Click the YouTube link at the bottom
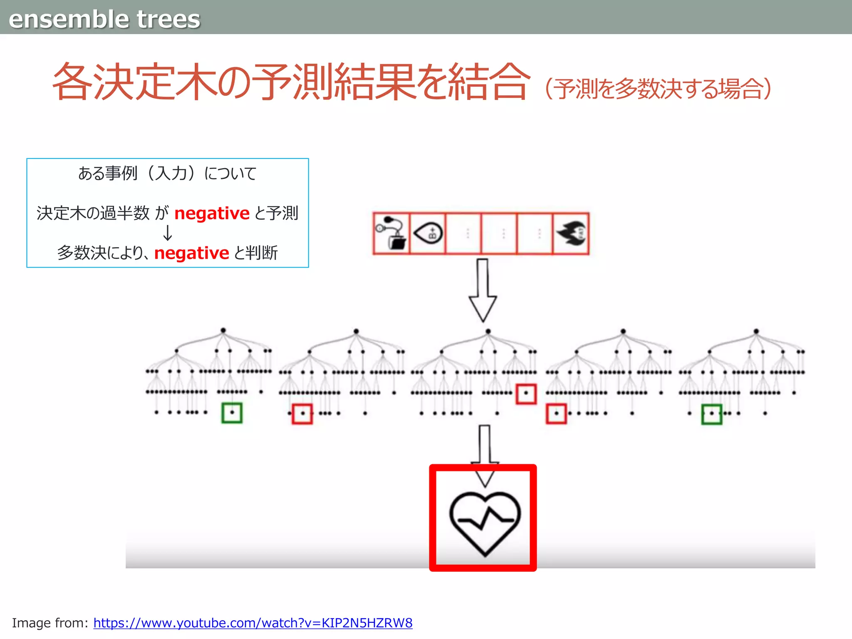tap(253, 623)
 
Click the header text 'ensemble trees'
tap(104, 19)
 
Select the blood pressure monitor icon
tap(391, 233)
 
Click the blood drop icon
tap(428, 233)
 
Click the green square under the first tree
tap(232, 413)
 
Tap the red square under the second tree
tap(302, 414)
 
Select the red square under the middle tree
tap(526, 394)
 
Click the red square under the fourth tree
tap(556, 414)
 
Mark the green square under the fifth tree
tap(712, 414)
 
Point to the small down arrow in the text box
tap(167, 233)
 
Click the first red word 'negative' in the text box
tap(212, 213)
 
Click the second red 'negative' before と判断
tap(191, 253)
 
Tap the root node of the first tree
tap(223, 330)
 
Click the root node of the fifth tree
tap(756, 332)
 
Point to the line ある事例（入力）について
tap(167, 173)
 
